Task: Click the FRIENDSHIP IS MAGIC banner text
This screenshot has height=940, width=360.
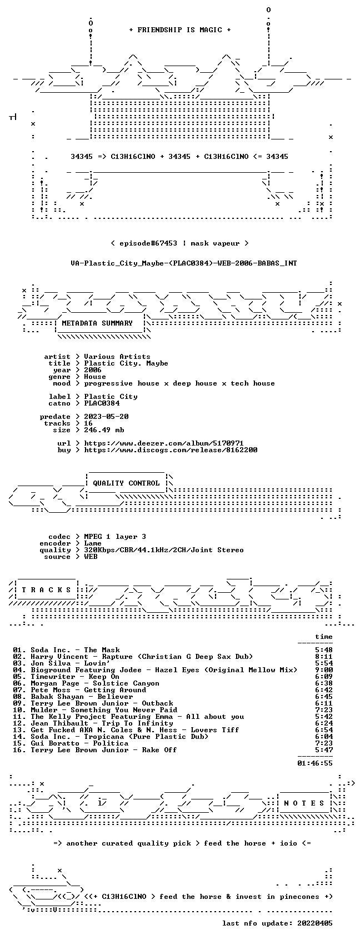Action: [x=180, y=30]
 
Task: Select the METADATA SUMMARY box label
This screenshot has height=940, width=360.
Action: [x=97, y=323]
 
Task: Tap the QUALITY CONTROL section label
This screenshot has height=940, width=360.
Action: [x=126, y=483]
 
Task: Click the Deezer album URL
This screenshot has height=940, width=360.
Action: [x=164, y=443]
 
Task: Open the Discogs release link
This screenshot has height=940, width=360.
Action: [x=171, y=450]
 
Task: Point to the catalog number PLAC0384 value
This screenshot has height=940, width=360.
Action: [x=102, y=403]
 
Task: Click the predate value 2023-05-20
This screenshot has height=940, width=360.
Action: [x=106, y=417]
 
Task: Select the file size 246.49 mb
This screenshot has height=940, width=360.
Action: [x=104, y=430]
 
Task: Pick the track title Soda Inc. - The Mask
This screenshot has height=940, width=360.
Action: [x=75, y=650]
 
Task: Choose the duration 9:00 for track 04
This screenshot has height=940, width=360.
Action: [x=323, y=670]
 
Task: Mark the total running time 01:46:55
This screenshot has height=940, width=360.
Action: [x=314, y=763]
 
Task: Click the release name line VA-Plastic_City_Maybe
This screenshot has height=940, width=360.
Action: [x=184, y=263]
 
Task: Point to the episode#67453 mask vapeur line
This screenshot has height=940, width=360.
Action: [x=179, y=243]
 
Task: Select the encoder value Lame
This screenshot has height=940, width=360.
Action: [x=93, y=543]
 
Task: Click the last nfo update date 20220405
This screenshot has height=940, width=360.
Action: [x=314, y=923]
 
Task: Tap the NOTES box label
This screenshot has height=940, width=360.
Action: [x=304, y=803]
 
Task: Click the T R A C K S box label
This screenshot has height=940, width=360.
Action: [x=46, y=590]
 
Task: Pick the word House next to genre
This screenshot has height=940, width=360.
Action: [x=95, y=377]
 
